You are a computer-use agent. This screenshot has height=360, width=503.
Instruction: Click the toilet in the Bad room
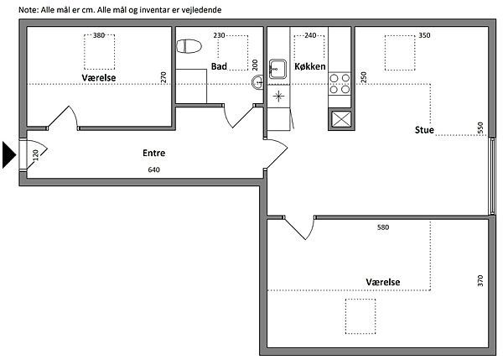point(189,46)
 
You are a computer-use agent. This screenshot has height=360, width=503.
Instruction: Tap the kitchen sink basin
point(277,69)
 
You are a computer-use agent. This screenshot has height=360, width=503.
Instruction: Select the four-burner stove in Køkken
point(340,84)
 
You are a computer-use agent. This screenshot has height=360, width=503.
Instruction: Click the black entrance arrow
point(9,154)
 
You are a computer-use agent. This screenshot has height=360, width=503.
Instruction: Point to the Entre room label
point(154,153)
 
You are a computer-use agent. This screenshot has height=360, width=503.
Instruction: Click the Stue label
point(424,130)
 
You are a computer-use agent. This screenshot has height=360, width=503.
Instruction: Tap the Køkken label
point(310,66)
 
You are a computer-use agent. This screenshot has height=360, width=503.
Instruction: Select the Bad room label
point(219,66)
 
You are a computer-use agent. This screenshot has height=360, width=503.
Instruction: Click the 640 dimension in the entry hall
point(154,170)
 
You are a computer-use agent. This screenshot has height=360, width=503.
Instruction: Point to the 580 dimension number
point(383,227)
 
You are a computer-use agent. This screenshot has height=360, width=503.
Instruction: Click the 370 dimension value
point(480,280)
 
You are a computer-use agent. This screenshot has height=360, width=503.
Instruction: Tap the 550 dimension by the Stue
point(480,128)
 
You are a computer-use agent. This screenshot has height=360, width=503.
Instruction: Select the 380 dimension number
point(99,35)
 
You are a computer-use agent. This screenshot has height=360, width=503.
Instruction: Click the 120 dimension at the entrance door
point(35,155)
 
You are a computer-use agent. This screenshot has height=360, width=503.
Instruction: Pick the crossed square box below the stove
point(341,119)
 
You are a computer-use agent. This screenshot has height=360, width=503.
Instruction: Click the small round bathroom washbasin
point(257,82)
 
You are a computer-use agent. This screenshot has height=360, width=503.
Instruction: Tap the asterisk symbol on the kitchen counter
point(278,96)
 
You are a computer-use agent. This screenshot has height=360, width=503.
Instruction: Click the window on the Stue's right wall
point(492,176)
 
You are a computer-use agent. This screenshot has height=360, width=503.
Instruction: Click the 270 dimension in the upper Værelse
point(163,77)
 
